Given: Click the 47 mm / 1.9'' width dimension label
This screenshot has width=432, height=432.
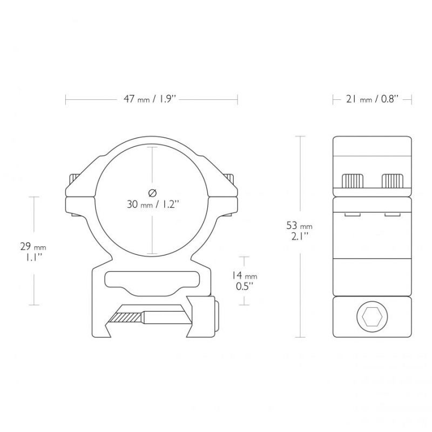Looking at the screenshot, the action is (150, 99).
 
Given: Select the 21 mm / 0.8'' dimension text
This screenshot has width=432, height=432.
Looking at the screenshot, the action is (372, 99).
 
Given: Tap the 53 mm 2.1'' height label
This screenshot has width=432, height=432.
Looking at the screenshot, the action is (300, 231).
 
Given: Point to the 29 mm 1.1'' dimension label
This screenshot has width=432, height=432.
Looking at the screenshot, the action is (33, 252).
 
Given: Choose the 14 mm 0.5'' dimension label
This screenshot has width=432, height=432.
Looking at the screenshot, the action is (244, 281).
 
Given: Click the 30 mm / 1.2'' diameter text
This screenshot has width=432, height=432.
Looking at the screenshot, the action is (153, 205).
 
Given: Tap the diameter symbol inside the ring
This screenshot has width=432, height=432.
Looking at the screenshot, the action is (152, 193).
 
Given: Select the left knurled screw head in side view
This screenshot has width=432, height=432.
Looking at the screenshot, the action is (353, 181).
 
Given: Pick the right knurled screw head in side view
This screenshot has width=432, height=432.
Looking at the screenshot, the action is (393, 181).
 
